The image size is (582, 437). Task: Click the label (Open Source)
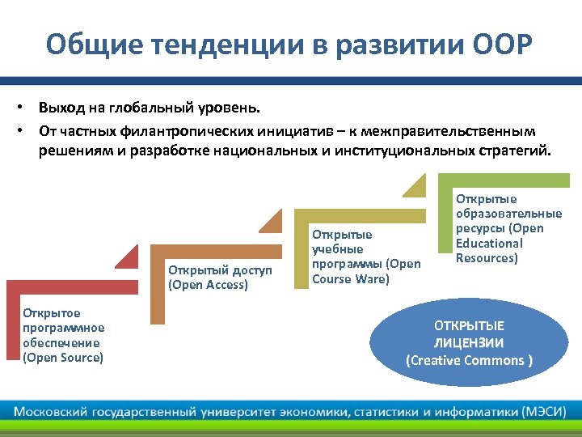click(63, 358)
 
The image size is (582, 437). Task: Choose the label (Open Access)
click(208, 284)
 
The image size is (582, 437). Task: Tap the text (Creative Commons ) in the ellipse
click(469, 360)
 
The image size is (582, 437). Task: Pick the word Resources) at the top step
click(487, 258)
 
